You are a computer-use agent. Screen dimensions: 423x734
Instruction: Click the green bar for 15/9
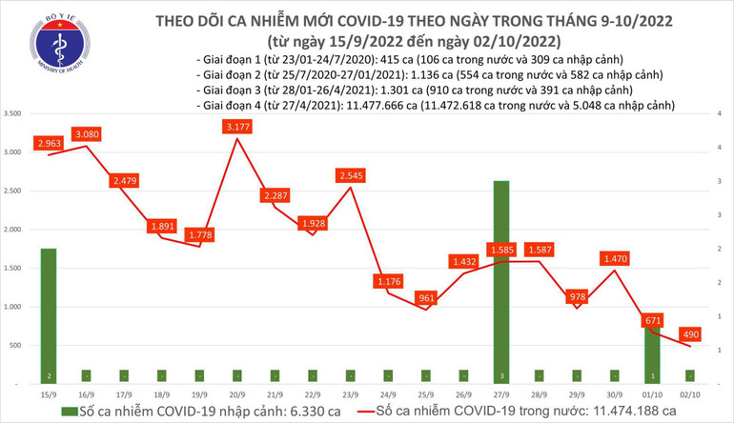48,314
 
